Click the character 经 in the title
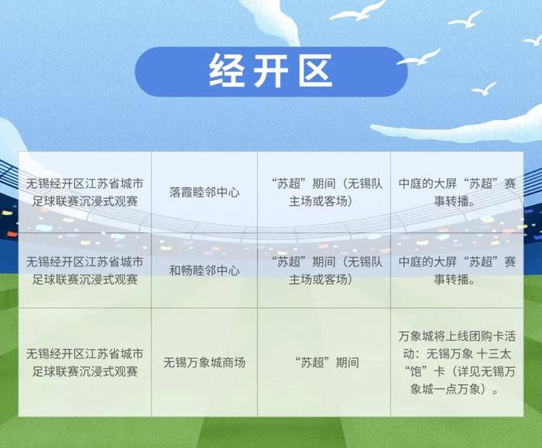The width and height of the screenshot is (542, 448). pos(227,71)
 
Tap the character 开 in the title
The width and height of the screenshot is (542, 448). pos(271,71)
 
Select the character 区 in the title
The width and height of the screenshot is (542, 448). pos(315,71)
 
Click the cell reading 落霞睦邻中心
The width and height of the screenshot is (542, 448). pos(204,192)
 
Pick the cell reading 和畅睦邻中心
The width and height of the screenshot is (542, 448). pos(204,270)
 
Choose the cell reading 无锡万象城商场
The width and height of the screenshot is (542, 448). pos(204,362)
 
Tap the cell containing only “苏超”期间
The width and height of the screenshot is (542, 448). pos(324,362)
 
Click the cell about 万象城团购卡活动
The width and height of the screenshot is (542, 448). pos(457,362)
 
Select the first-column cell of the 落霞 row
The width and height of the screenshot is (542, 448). pos(85,192)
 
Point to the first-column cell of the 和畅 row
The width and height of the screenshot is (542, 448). pos(85,270)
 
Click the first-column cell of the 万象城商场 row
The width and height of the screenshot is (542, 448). pos(85,362)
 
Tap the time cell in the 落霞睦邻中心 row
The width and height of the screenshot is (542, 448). pos(324,192)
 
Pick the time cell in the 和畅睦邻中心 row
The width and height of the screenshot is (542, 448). pos(324,270)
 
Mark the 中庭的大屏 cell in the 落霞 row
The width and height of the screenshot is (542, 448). pos(457,192)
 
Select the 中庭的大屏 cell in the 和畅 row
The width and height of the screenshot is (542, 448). pos(457,270)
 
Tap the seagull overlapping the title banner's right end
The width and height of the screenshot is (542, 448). pos(418,59)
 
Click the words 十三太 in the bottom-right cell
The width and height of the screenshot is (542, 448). pos(494,354)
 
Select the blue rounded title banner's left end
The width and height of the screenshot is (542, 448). pos(135,71)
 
